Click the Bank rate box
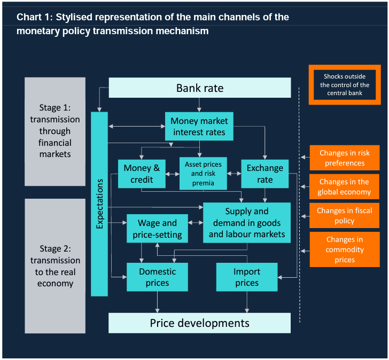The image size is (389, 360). click(x=200, y=88)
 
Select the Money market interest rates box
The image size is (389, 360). click(x=199, y=127)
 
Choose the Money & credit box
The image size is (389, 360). click(x=142, y=174)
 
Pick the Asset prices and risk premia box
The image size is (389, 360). click(x=203, y=173)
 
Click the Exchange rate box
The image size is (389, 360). click(x=264, y=174)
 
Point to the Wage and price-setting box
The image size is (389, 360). click(x=157, y=229)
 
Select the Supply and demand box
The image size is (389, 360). click(x=247, y=223)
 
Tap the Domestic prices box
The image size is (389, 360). click(x=157, y=277)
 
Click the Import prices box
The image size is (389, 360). click(x=247, y=277)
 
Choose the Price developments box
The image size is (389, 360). click(x=200, y=323)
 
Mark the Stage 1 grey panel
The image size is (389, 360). click(x=55, y=131)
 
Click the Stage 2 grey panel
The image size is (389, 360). click(x=55, y=266)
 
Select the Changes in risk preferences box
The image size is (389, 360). click(x=345, y=158)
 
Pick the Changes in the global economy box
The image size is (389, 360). click(x=345, y=187)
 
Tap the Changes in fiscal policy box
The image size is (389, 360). click(x=345, y=216)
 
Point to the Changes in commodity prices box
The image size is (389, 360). click(x=345, y=249)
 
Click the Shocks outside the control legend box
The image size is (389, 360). click(x=345, y=84)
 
